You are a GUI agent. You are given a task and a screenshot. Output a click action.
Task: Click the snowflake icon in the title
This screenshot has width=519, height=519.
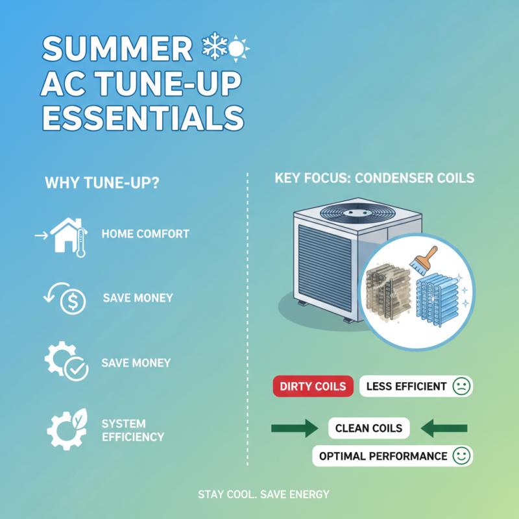[213, 47]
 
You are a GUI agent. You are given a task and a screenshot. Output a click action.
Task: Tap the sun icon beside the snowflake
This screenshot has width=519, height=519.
[239, 49]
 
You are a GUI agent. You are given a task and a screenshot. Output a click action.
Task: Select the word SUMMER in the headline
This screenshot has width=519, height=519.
[117, 51]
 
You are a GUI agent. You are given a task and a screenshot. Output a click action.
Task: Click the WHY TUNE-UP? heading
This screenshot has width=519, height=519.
[103, 184]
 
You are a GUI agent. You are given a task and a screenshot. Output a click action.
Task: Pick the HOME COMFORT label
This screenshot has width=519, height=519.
[145, 234]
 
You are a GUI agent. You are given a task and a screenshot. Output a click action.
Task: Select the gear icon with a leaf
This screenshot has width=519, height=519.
[67, 428]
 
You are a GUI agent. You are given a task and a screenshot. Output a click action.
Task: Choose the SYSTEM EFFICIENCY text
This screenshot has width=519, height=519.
[133, 429]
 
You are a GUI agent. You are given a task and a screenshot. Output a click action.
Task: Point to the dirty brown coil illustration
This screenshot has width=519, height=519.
[388, 289]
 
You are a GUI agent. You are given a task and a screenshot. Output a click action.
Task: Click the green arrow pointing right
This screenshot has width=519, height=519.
[293, 428]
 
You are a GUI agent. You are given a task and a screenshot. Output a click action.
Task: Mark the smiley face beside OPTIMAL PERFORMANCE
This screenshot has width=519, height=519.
[461, 456]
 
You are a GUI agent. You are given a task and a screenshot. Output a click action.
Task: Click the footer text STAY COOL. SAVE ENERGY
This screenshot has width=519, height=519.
[263, 494]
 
